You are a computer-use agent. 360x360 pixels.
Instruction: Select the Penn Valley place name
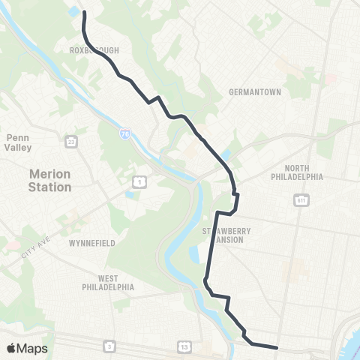click(17, 142)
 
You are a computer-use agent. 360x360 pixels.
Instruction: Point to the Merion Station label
click(49, 180)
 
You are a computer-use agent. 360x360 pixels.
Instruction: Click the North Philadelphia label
click(298, 172)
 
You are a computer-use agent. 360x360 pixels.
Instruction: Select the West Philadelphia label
click(108, 283)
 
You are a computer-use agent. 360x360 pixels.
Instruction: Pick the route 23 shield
click(71, 141)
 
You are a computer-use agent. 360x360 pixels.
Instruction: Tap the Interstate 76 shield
click(124, 133)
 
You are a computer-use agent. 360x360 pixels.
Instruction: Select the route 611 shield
click(301, 201)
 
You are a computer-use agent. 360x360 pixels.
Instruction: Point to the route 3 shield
click(109, 346)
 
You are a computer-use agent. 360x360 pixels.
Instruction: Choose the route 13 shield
click(184, 346)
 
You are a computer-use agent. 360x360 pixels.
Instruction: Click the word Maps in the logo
click(32, 348)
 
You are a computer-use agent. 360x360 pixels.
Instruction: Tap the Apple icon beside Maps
click(11, 348)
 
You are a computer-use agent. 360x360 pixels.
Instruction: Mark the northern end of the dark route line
click(83, 13)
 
